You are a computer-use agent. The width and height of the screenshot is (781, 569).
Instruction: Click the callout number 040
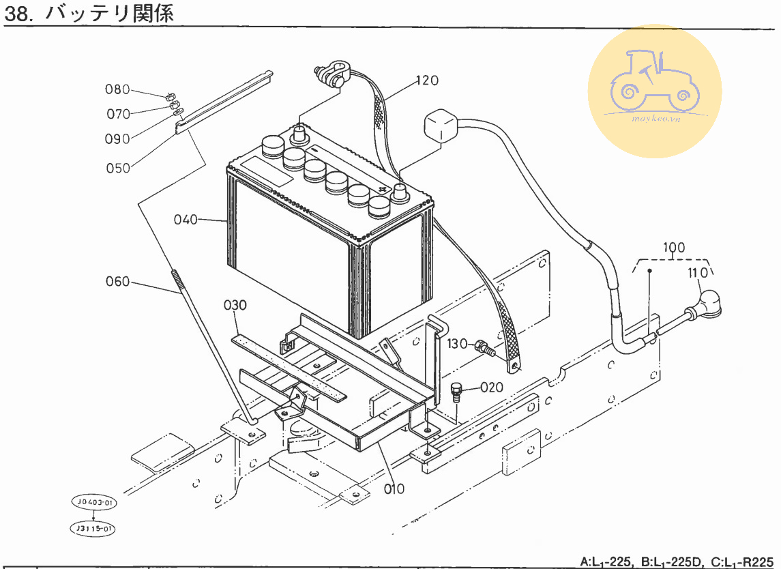point(186,220)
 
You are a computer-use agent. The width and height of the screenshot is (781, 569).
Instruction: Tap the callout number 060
point(117,281)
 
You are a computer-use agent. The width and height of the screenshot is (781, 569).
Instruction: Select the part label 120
point(427,81)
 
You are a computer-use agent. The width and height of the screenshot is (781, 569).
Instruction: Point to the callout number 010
point(394,488)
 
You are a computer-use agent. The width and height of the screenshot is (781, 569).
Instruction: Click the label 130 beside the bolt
point(457,344)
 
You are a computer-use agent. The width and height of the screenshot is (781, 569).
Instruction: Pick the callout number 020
point(491,388)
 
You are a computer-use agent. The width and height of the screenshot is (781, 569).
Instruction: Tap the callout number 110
point(698,274)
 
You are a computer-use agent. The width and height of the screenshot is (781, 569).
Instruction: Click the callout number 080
point(117,89)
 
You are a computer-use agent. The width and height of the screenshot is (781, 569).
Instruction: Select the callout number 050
point(118,168)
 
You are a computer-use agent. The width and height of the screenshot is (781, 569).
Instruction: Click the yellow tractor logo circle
point(654,91)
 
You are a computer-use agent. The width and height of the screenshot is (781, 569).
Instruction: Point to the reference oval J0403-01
point(93,503)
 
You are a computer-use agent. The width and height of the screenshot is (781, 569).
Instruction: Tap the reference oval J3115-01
point(93,528)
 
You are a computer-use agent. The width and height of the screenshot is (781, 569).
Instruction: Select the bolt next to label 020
point(457,393)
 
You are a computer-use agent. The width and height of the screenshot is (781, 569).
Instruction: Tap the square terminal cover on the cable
point(441,127)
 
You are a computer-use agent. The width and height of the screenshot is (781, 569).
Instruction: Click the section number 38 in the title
point(18,13)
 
